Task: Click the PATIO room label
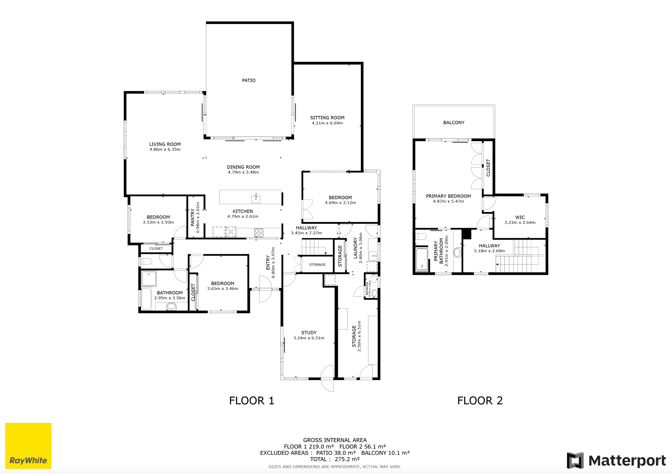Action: coord(248,80)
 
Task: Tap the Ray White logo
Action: coord(28,446)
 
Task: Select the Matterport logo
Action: coord(616,460)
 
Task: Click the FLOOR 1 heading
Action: coord(251,401)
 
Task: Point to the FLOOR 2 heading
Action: coord(480,401)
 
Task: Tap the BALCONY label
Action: coord(454,122)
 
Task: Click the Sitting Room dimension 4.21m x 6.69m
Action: coord(327,123)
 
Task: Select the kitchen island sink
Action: coord(256,199)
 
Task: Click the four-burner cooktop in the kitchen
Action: coord(259,233)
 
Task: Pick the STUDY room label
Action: coord(309,332)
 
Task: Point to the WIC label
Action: coord(520,217)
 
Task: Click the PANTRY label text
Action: coord(193,217)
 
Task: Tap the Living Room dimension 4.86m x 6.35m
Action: coord(165,150)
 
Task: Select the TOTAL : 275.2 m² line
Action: coord(335,459)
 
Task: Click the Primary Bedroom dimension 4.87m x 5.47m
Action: coord(448,201)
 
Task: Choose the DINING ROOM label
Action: coord(243,167)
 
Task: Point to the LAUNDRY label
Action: coord(355,248)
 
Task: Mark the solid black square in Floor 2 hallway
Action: coord(467,234)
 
